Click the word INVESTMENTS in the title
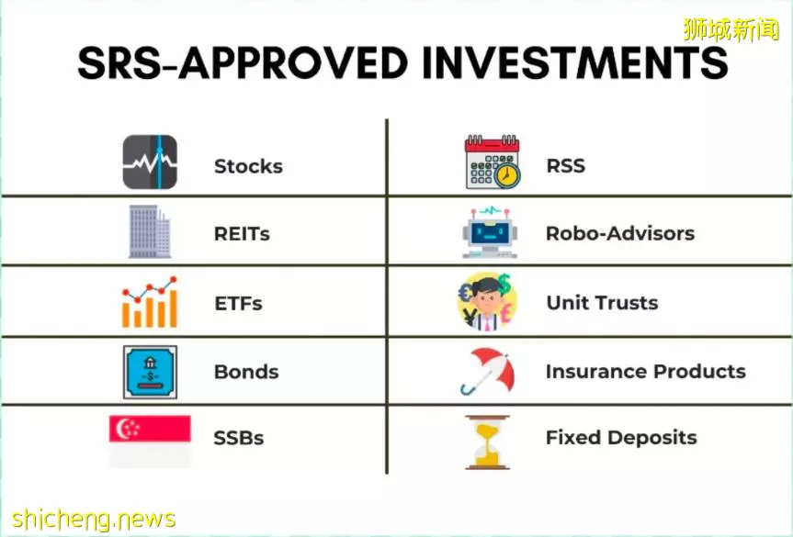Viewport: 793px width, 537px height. (574, 62)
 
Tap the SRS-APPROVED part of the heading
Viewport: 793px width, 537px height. (243, 62)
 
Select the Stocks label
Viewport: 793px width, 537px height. (248, 166)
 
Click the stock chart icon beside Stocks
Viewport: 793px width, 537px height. (150, 162)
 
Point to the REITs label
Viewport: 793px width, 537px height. (242, 234)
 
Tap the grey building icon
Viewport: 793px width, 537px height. (150, 232)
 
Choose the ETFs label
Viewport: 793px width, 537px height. (238, 304)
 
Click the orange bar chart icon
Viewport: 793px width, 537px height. (150, 302)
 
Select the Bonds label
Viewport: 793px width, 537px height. (246, 372)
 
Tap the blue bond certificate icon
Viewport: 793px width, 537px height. (150, 373)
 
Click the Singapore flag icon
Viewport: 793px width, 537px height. (150, 441)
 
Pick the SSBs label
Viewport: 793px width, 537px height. (239, 438)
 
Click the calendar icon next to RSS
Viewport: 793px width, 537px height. (493, 162)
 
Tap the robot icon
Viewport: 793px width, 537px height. (490, 232)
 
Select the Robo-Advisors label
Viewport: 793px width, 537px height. (620, 233)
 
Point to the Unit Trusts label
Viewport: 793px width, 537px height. (603, 303)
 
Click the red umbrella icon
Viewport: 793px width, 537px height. (488, 371)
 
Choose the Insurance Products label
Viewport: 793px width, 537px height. (646, 371)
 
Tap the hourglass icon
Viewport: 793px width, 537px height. (487, 442)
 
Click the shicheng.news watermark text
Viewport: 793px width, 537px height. (94, 520)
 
